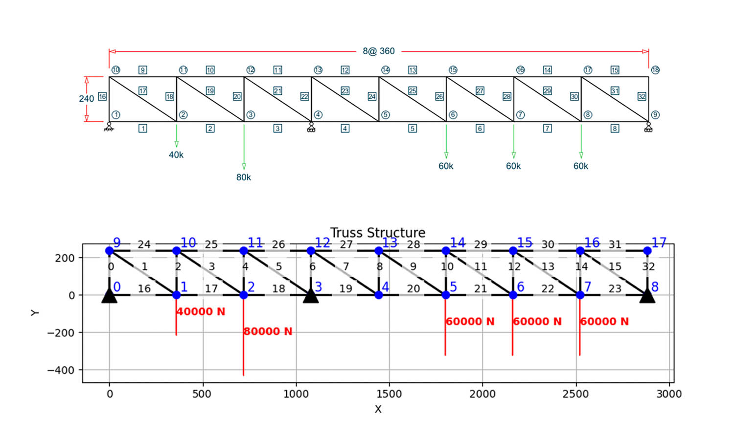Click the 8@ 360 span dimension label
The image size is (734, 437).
point(378,51)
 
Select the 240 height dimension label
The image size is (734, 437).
point(86,99)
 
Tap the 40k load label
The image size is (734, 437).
point(176,155)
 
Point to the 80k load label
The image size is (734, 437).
point(244,177)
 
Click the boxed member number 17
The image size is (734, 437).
point(142,91)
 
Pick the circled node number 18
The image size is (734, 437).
point(655,70)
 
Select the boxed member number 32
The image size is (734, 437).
point(642,96)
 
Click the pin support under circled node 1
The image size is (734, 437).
point(109,127)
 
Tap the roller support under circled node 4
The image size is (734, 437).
point(311,127)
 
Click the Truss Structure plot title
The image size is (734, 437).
point(378,232)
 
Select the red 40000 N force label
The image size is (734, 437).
point(201,311)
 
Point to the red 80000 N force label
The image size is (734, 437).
point(268,331)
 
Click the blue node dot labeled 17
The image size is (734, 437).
point(647,251)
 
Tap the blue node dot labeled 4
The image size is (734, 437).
point(378,295)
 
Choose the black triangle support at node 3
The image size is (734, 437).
point(311,296)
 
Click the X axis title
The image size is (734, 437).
point(378,409)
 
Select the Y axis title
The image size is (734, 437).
point(34,313)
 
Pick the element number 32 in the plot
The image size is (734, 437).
point(648,266)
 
